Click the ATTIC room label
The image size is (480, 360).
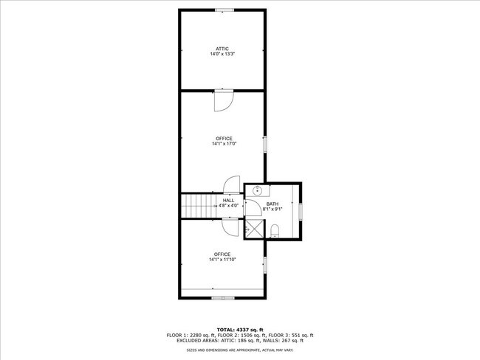pyautogui.click(x=222, y=49)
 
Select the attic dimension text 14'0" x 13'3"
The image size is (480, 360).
pyautogui.click(x=222, y=54)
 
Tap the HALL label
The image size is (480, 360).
pyautogui.click(x=228, y=201)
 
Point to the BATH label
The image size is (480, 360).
pyautogui.click(x=272, y=204)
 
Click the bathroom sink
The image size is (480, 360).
pyautogui.click(x=258, y=191)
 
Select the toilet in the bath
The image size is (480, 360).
pyautogui.click(x=275, y=231)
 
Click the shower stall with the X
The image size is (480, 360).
pyautogui.click(x=255, y=229)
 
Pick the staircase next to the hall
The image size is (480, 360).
pyautogui.click(x=199, y=206)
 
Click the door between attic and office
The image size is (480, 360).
pyautogui.click(x=224, y=100)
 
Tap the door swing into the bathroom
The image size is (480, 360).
pyautogui.click(x=253, y=208)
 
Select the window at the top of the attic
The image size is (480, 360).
pyautogui.click(x=224, y=10)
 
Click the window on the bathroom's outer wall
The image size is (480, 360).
pyautogui.click(x=301, y=211)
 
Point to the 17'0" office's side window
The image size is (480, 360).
pyautogui.click(x=265, y=145)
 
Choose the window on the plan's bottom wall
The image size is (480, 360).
pyautogui.click(x=223, y=297)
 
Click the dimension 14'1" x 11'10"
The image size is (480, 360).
pyautogui.click(x=222, y=260)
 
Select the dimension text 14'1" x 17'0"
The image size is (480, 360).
pyautogui.click(x=224, y=144)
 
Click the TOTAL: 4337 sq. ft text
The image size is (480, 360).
pyautogui.click(x=240, y=330)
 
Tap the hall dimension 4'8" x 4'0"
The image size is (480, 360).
pyautogui.click(x=228, y=206)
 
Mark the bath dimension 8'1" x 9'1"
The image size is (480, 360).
pyautogui.click(x=272, y=210)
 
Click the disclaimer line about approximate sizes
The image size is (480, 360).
pyautogui.click(x=240, y=350)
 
